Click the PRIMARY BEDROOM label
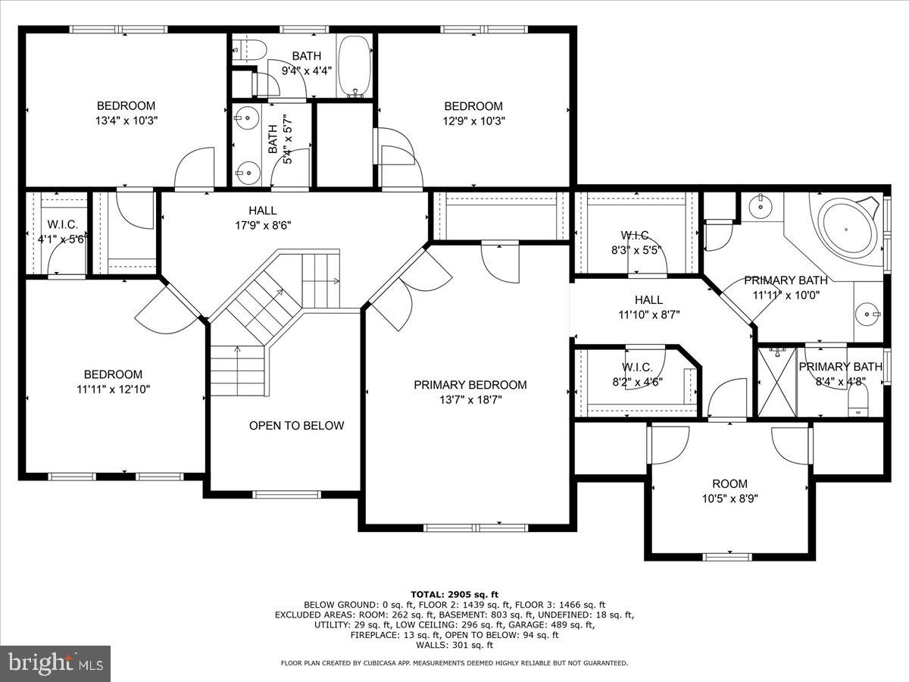click(470, 385)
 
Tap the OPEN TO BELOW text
click(296, 426)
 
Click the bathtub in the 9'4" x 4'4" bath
click(352, 66)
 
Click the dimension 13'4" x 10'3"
click(126, 120)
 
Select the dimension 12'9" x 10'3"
click(473, 120)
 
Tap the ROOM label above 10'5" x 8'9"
click(729, 483)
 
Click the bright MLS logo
click(55, 664)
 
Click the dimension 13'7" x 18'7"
click(470, 399)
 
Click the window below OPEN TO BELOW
click(282, 495)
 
